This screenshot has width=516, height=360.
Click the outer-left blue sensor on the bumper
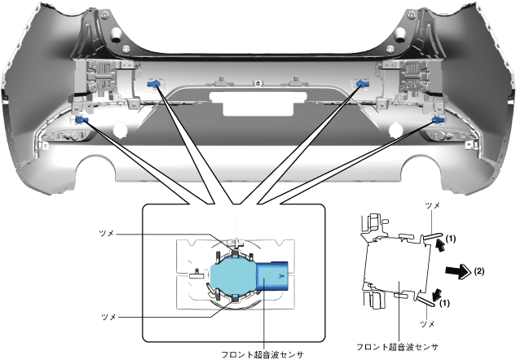pyautogui.click(x=81, y=120)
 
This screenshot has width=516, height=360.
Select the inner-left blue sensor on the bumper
pyautogui.click(x=154, y=84)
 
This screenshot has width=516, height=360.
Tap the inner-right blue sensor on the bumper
pyautogui.click(x=363, y=84)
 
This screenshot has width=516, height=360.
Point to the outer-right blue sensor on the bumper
pyautogui.click(x=439, y=120)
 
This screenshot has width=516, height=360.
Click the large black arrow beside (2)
pyautogui.click(x=458, y=271)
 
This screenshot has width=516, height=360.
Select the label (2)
pyautogui.click(x=479, y=271)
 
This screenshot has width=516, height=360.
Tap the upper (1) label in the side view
pyautogui.click(x=451, y=239)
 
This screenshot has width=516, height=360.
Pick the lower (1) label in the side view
pyautogui.click(x=444, y=303)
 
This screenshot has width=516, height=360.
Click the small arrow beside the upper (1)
pyautogui.click(x=440, y=245)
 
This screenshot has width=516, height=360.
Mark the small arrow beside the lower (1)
pyautogui.click(x=438, y=294)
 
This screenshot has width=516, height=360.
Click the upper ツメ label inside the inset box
pyautogui.click(x=106, y=234)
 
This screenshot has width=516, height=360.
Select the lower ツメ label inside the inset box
pyautogui.click(x=108, y=317)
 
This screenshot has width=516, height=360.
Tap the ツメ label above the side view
pyautogui.click(x=432, y=206)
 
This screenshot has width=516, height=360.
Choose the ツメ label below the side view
pyautogui.click(x=427, y=324)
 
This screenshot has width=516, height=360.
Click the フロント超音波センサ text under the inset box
pyautogui.click(x=262, y=355)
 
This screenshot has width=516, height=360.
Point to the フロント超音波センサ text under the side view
pyautogui.click(x=398, y=347)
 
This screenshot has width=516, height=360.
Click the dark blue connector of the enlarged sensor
pyautogui.click(x=272, y=276)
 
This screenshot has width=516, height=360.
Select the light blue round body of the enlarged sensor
pyautogui.click(x=232, y=276)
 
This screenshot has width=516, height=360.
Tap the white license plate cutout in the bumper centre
pyautogui.click(x=258, y=103)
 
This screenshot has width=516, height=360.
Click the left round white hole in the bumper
pyautogui.click(x=120, y=130)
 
